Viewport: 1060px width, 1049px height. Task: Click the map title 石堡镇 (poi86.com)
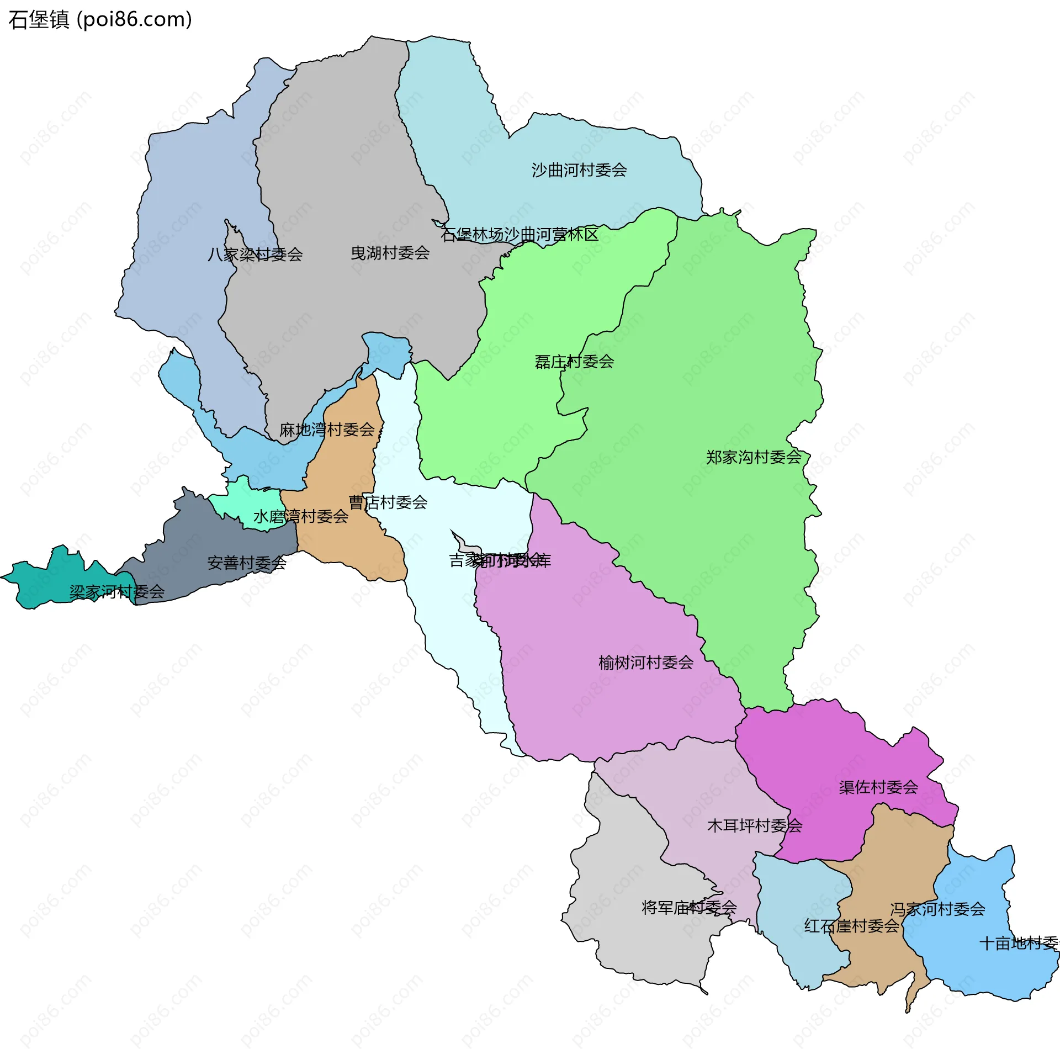click(100, 19)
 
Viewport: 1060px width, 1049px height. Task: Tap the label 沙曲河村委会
click(579, 170)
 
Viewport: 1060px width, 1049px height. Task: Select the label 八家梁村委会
click(255, 255)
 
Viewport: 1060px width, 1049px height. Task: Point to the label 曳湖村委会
click(390, 253)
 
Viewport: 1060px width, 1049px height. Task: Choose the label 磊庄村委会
click(574, 362)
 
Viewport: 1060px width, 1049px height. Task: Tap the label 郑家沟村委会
click(753, 457)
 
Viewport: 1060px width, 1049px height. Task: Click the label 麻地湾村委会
click(326, 430)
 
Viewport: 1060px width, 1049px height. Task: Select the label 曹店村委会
click(388, 502)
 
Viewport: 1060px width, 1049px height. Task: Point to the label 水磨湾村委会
click(300, 517)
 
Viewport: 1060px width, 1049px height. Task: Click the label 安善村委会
click(246, 563)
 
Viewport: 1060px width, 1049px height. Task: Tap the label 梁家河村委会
click(116, 592)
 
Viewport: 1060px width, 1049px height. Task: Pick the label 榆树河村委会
click(645, 663)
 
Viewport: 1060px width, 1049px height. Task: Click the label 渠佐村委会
click(878, 787)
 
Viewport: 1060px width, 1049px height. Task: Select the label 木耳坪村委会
click(754, 826)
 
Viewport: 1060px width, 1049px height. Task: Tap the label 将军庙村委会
click(688, 907)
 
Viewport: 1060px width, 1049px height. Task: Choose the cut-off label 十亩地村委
click(1018, 944)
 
